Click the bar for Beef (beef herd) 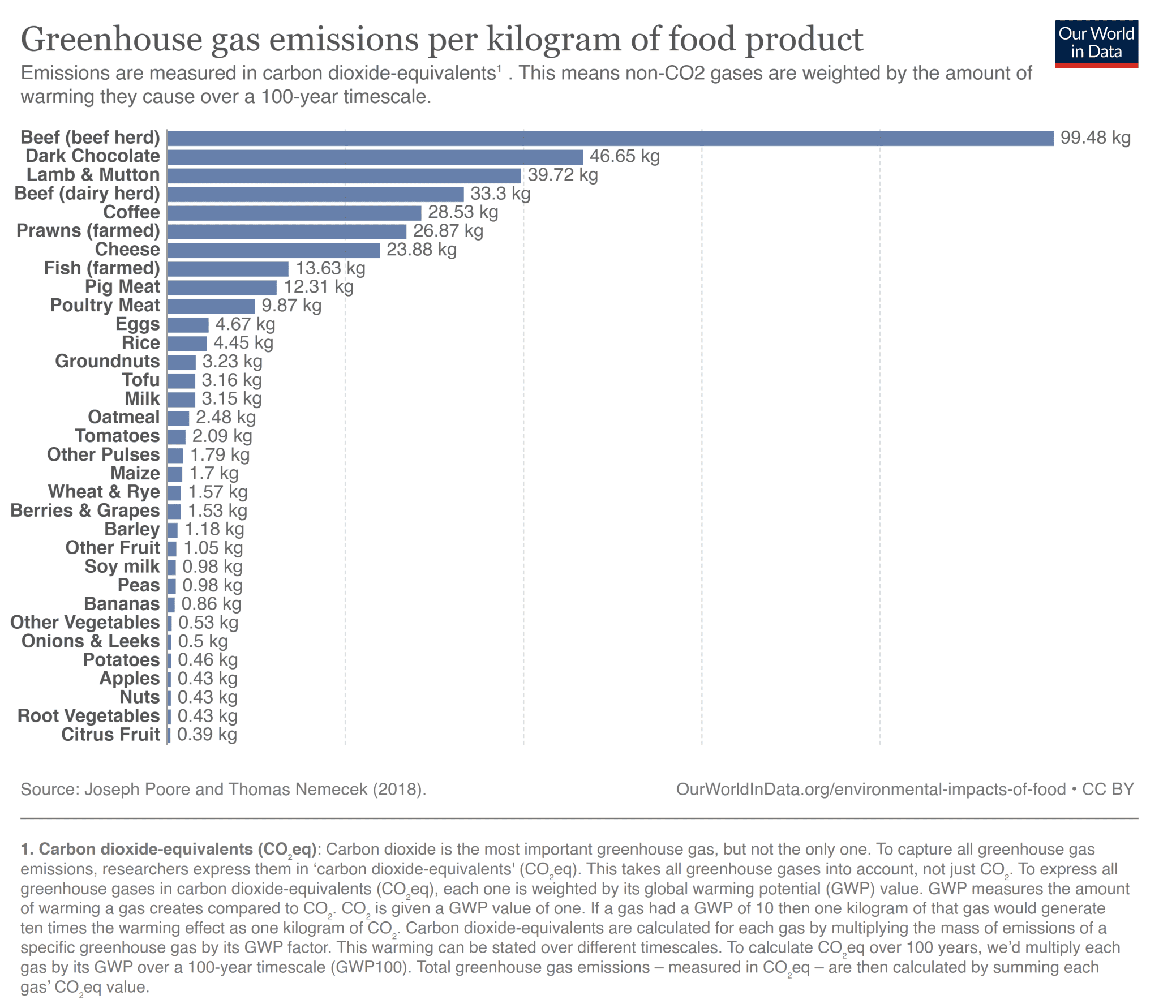610,138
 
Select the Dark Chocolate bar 375,157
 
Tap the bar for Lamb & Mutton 344,175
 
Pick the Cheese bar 273,250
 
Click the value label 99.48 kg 1094,138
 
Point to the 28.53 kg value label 462,212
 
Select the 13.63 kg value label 330,268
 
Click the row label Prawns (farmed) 88,230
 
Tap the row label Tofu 141,380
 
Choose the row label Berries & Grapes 85,511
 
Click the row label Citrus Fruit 110,734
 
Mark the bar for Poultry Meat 211,306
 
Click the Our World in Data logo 1096,44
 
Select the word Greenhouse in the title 111,40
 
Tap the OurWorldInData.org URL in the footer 870,789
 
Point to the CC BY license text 1107,789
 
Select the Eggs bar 188,324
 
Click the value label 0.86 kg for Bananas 211,604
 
